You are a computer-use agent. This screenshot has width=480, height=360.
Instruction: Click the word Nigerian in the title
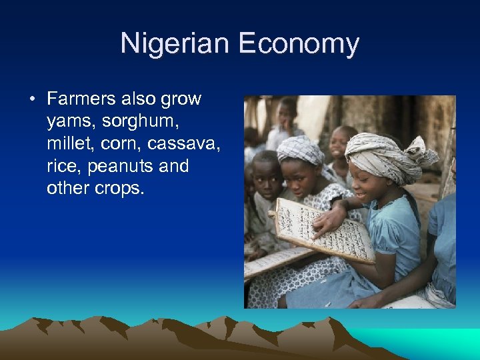click(175, 44)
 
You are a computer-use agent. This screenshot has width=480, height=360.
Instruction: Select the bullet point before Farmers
click(32, 99)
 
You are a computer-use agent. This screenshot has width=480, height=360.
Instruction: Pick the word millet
click(68, 144)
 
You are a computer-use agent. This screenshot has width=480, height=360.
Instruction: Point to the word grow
click(181, 99)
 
